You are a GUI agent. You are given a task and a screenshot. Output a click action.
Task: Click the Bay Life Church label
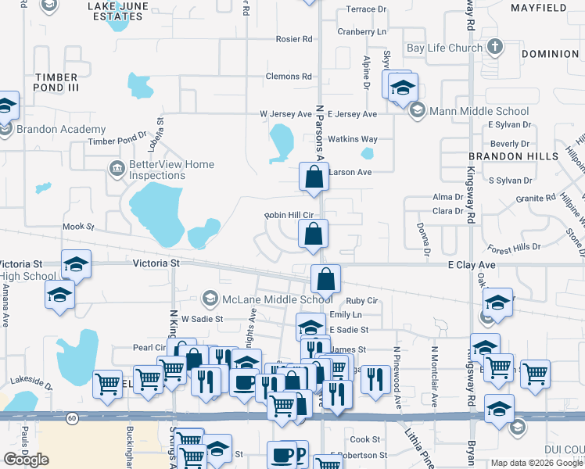(444, 48)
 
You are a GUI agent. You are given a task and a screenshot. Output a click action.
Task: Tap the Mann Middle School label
(479, 111)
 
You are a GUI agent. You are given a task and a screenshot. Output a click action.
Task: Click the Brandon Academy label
(60, 129)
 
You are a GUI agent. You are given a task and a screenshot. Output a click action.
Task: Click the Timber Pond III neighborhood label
(56, 84)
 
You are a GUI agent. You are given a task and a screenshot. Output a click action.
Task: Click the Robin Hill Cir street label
(289, 215)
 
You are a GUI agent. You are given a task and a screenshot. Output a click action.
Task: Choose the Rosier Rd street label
(294, 39)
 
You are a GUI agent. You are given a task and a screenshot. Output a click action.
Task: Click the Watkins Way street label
(352, 139)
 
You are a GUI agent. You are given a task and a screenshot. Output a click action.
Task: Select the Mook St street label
(78, 227)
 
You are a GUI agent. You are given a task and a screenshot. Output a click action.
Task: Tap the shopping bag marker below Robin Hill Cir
(313, 233)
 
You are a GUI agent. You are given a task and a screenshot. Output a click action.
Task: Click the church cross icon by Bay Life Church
(494, 47)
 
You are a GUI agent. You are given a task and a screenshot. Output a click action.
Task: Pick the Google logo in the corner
(26, 459)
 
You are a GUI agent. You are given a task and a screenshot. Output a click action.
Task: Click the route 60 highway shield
(72, 418)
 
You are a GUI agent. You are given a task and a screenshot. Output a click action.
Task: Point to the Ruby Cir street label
(362, 300)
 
